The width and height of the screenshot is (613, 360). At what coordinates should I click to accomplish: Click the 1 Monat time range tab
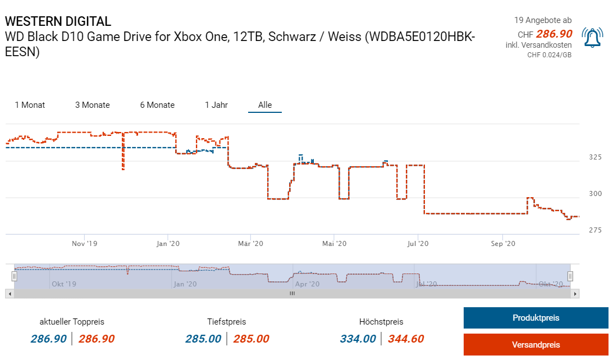(30, 105)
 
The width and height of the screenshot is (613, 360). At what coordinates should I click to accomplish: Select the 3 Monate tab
(93, 105)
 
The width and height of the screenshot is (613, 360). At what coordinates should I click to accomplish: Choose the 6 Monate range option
(157, 105)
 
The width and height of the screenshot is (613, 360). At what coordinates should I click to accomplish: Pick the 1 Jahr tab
(216, 105)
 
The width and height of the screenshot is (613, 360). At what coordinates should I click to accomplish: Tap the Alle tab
(265, 105)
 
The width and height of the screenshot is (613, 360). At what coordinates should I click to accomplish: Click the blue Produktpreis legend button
(536, 318)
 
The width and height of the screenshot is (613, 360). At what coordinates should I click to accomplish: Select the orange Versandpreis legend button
(536, 345)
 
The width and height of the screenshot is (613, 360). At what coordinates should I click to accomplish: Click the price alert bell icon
(592, 38)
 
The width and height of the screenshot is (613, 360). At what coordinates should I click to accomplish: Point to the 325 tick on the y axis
(595, 157)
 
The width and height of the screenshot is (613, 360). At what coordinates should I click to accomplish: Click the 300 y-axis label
(595, 194)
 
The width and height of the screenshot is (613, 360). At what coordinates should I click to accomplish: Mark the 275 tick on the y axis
(595, 230)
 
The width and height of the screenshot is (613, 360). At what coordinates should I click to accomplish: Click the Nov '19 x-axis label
(85, 244)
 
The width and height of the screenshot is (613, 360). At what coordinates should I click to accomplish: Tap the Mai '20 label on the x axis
(333, 244)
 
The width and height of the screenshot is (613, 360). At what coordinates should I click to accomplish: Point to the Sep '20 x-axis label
(503, 244)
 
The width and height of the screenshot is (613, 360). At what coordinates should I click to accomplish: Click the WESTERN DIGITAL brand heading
(58, 21)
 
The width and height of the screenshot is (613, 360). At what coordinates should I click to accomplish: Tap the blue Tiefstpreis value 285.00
(203, 339)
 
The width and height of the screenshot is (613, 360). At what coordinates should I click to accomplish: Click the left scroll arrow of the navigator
(9, 293)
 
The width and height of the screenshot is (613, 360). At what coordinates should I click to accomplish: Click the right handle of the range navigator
(570, 276)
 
